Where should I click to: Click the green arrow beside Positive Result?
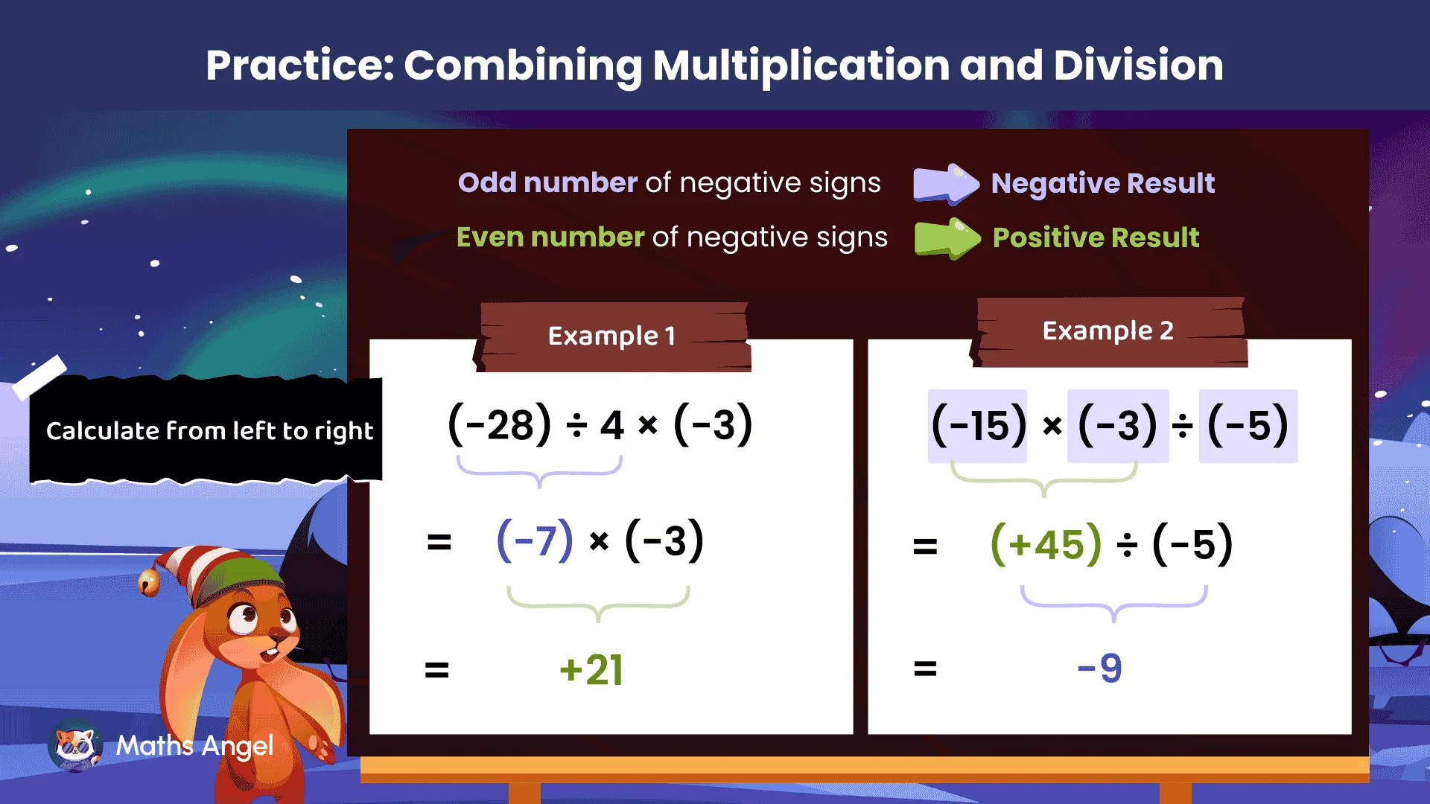947,238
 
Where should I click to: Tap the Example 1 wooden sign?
611,336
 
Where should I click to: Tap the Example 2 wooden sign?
1108,331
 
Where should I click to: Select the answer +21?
591,670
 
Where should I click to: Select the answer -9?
1099,668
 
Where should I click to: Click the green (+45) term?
1046,544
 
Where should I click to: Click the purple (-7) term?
535,540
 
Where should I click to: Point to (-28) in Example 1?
500,425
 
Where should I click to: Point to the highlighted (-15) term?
978,426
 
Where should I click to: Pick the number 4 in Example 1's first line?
611,426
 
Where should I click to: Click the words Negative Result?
1102,183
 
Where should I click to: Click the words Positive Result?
1096,237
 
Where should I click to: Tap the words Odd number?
547,183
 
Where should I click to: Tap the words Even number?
550,237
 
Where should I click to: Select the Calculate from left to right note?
209,430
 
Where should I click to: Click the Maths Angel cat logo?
74,745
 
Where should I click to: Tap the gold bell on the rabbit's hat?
149,582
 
